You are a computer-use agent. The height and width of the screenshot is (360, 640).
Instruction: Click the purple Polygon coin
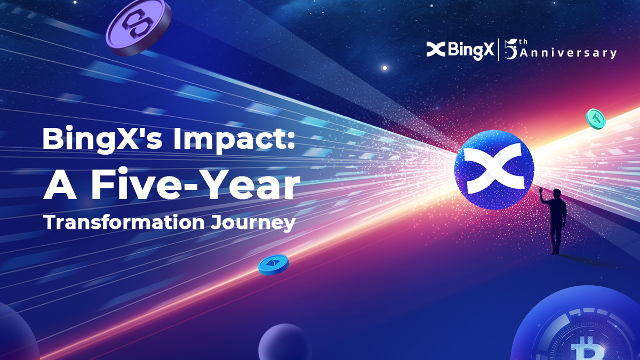pos(139,27)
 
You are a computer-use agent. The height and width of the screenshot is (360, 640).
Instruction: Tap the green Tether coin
pos(596,118)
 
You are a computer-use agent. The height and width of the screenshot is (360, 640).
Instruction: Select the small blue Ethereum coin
pos(274,265)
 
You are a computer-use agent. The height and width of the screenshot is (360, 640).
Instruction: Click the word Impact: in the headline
pos(234,138)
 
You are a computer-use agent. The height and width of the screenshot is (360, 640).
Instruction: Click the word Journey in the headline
pos(253,223)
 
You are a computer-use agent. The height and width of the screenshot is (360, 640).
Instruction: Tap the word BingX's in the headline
pos(102,138)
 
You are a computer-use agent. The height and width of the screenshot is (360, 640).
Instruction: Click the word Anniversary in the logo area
pos(568,53)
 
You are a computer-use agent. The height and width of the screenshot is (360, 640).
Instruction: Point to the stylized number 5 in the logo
pos(511,49)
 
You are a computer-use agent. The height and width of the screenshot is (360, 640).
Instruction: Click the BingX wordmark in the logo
pos(471,50)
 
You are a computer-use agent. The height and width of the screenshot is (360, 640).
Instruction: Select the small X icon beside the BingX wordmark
pos(436,49)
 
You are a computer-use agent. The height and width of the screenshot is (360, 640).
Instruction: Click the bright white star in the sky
pos(385,68)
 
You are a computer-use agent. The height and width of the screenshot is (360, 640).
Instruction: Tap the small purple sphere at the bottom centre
pos(285,342)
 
